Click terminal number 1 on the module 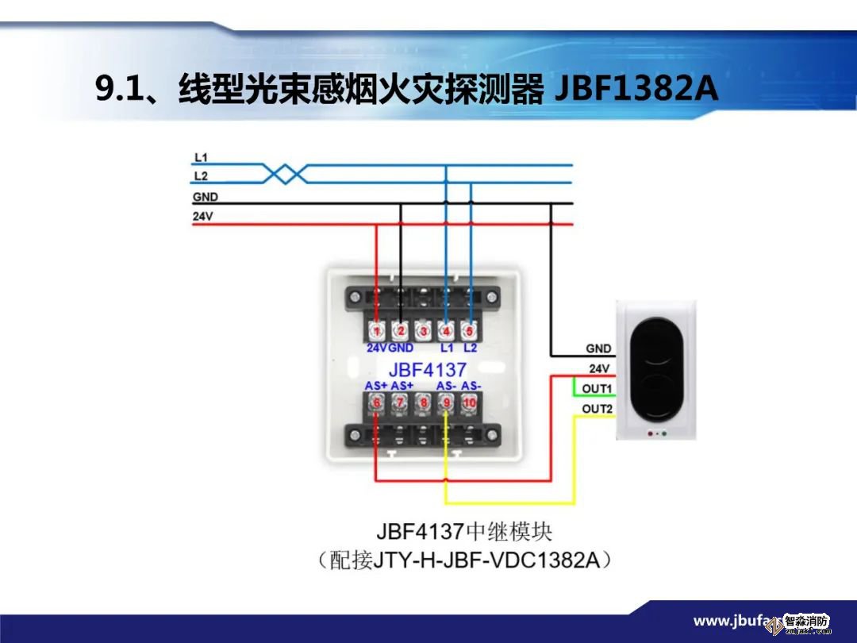(x=377, y=330)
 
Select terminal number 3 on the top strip (x=424, y=330)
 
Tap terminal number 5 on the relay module (x=470, y=330)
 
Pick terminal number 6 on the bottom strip (x=377, y=403)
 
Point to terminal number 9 (x=447, y=403)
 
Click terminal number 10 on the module (x=470, y=403)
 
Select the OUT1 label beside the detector (x=598, y=388)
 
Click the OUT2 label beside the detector (x=598, y=409)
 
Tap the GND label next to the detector (x=598, y=348)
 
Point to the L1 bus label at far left (x=201, y=158)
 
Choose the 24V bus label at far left (x=203, y=216)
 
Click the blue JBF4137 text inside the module (x=427, y=369)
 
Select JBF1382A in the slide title (x=635, y=89)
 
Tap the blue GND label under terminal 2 (x=401, y=348)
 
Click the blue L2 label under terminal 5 (x=470, y=348)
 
